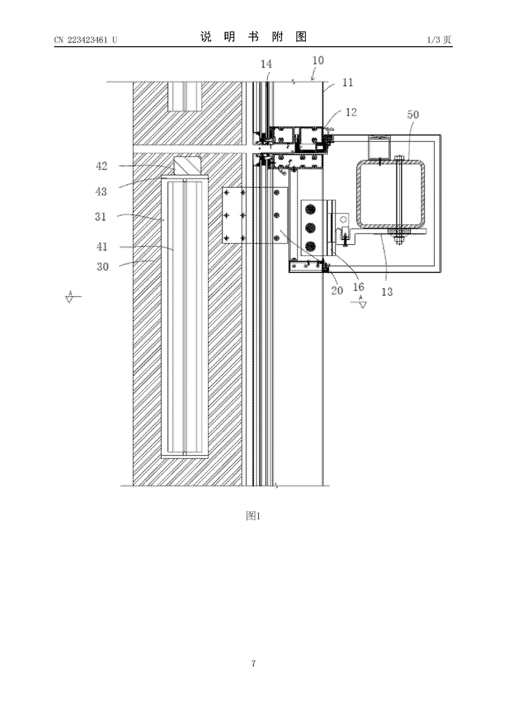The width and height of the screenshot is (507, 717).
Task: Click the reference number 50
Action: click(x=413, y=115)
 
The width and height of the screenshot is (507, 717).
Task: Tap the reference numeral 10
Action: click(x=318, y=60)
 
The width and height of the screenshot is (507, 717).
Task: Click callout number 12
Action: click(x=351, y=112)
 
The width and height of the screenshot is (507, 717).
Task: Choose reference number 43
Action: click(x=101, y=191)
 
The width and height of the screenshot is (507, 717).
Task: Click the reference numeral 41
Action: click(x=102, y=247)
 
